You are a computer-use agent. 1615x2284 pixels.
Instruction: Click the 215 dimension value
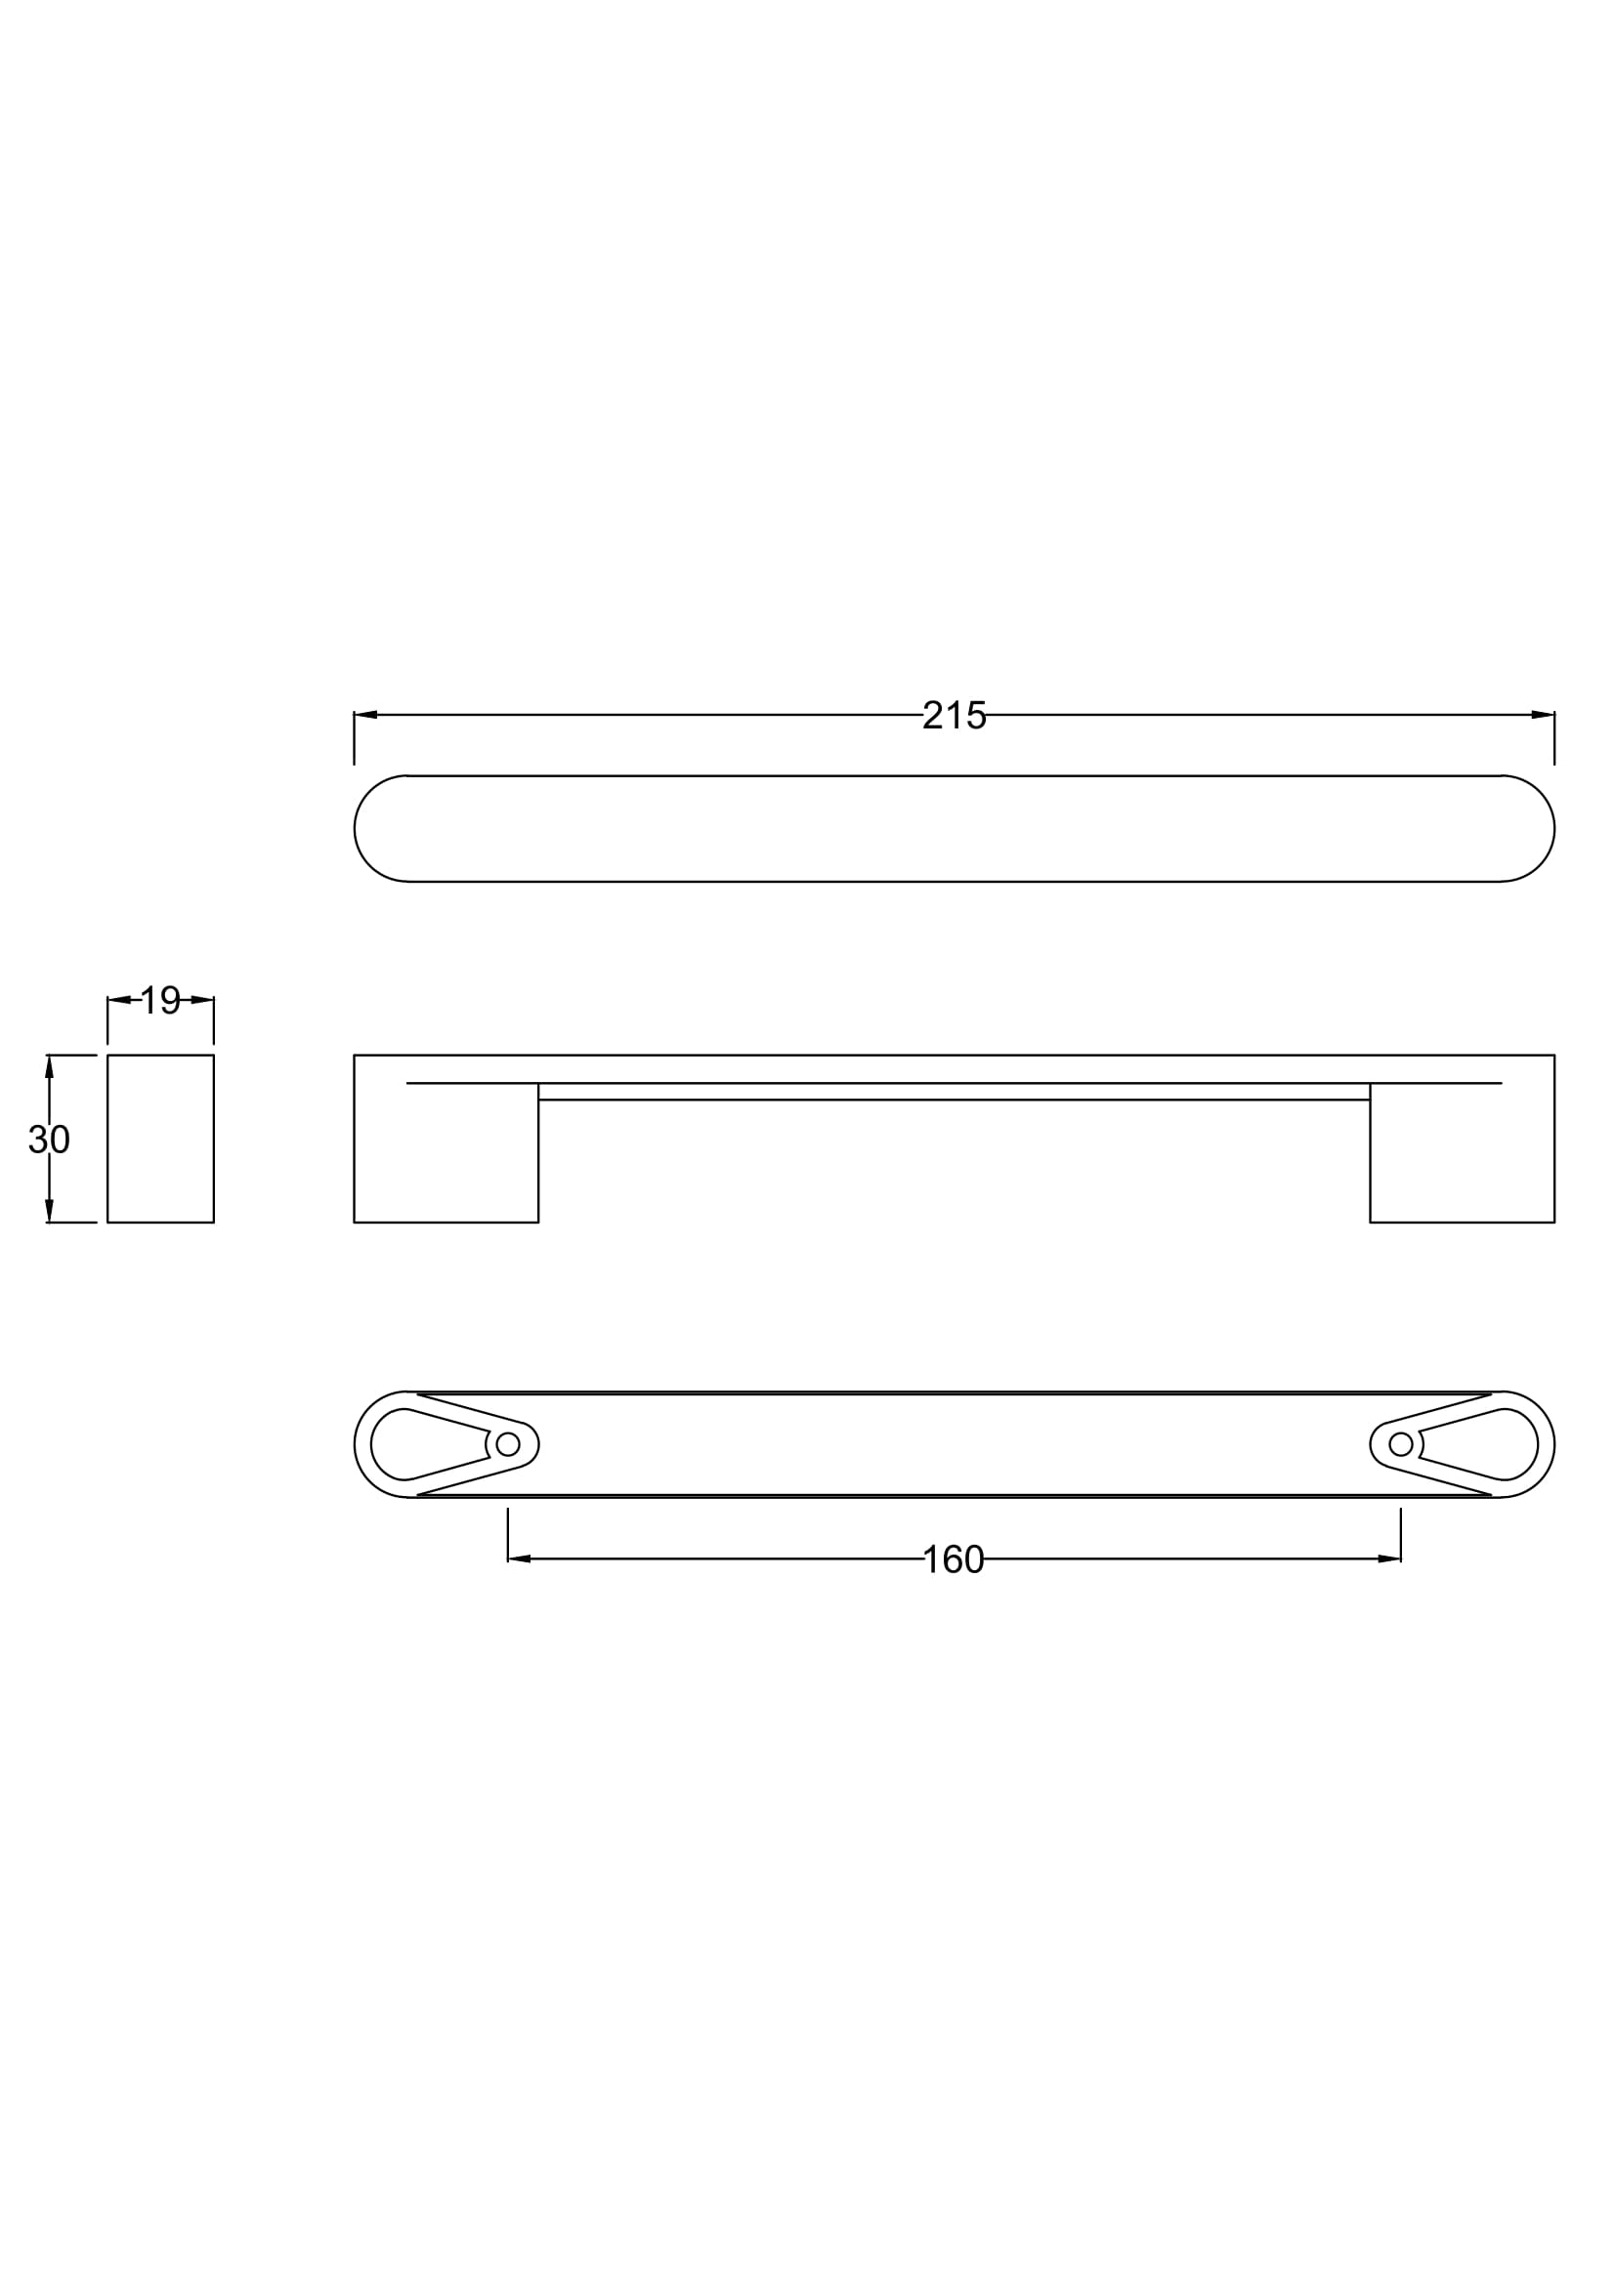pos(954,715)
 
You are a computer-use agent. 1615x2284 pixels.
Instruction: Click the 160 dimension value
pos(954,1558)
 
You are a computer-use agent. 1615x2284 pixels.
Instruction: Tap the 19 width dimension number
pos(160,1000)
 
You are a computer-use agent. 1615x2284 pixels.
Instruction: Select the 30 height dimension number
pos(49,1139)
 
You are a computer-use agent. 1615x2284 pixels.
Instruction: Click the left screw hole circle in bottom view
pos(507,1443)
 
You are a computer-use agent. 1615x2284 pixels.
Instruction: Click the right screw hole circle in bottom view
pos(1401,1443)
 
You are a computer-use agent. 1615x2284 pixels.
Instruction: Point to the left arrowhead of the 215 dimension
pos(365,714)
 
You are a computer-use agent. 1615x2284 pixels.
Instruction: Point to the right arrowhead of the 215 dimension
pos(1544,714)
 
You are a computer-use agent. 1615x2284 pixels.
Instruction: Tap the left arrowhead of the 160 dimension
pos(519,1557)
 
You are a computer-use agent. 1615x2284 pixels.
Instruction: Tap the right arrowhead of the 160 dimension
pos(1390,1557)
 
